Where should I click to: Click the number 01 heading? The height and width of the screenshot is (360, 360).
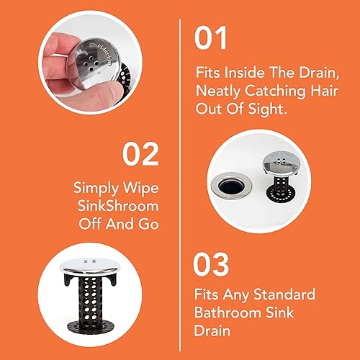tap(210, 38)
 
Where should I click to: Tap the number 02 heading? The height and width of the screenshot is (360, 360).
tap(140, 154)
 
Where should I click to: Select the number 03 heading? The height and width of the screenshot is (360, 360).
tap(211, 264)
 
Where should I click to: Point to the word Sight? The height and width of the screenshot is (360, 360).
tap(267, 109)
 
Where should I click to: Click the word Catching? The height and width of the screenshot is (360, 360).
tap(275, 91)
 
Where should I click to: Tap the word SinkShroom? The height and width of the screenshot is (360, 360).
tap(118, 206)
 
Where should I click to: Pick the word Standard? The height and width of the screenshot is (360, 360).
tap(284, 294)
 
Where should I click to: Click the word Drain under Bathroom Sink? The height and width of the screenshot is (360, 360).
tap(212, 330)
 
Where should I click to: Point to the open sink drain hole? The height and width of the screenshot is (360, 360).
tap(231, 186)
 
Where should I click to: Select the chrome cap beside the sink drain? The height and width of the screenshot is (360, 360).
tap(282, 163)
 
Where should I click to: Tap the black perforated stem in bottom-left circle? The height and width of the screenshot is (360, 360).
tap(89, 300)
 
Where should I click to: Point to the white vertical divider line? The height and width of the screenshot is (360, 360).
tap(180, 185)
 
